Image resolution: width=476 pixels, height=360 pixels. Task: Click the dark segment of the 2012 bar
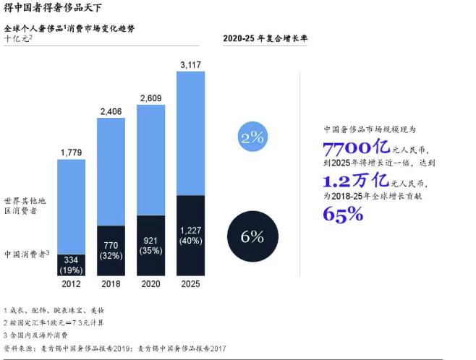pyautogui.click(x=72, y=265)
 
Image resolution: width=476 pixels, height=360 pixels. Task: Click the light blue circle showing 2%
pyautogui.click(x=252, y=137)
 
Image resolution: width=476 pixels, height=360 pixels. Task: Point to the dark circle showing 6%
pyautogui.click(x=252, y=236)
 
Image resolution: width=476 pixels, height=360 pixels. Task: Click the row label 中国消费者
pyautogui.click(x=26, y=253)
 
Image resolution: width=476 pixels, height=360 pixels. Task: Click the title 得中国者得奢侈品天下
pyautogui.click(x=48, y=9)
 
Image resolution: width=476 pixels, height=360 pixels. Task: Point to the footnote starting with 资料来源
pyautogui.click(x=115, y=348)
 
